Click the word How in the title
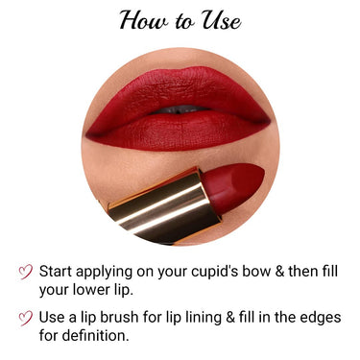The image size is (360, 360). (x=143, y=20)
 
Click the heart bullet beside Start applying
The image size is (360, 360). (x=25, y=272)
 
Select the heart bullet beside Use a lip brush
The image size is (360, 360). (x=25, y=319)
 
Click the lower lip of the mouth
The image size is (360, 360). (x=182, y=130)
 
